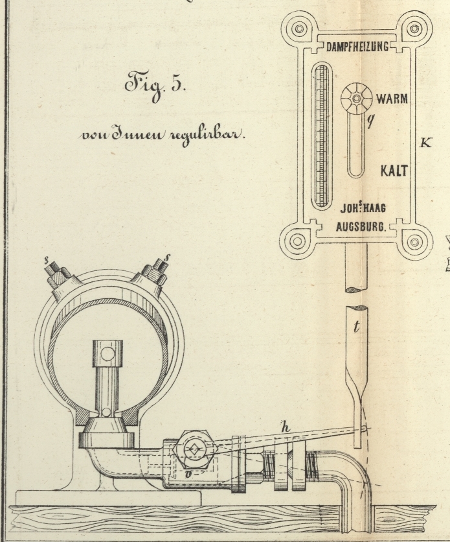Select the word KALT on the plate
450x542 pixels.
coord(395,171)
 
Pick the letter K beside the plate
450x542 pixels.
coord(425,142)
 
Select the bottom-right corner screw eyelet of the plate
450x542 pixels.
coord(416,242)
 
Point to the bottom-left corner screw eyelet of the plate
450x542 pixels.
coord(297,242)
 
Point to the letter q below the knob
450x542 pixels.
coord(370,121)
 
